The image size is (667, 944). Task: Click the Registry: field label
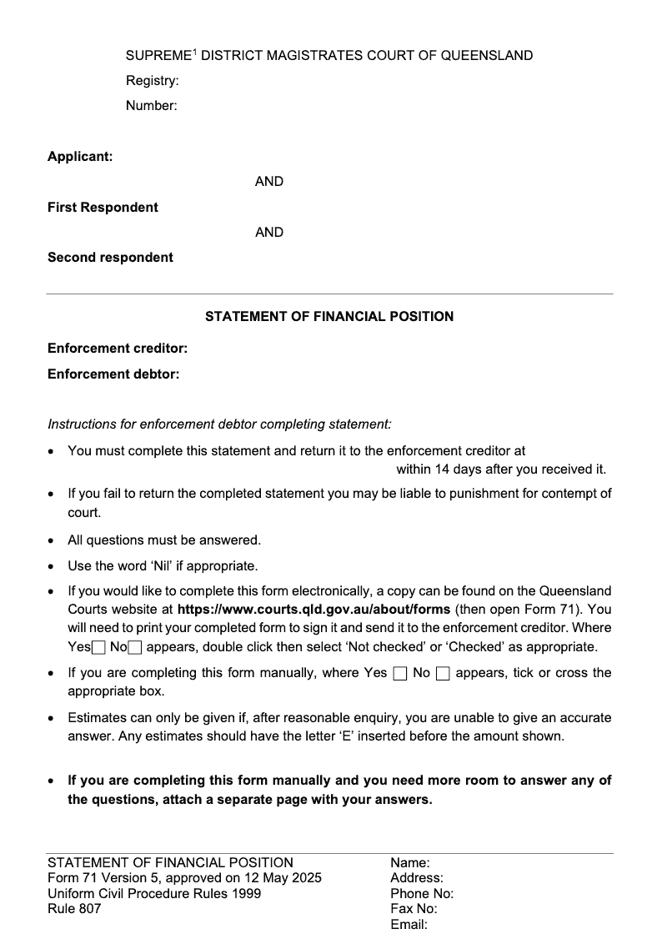coord(153,81)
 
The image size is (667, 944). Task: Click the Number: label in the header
coord(151,106)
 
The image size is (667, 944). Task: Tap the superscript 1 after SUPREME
coord(194,53)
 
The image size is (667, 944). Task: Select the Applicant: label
coord(80,157)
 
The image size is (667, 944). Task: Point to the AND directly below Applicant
coord(269,182)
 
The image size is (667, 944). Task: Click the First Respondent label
coord(103,207)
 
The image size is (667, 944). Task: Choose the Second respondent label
coord(110,258)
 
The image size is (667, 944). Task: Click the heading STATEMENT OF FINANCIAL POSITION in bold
coord(329,317)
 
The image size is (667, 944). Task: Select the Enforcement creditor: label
coord(118,349)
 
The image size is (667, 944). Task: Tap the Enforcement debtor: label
coord(113,374)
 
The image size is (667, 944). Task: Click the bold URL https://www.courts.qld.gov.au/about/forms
coord(313,609)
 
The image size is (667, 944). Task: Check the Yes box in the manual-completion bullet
coord(399,674)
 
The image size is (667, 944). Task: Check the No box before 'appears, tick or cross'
coord(443,674)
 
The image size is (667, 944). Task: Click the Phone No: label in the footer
coord(422,894)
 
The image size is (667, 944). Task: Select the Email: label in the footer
coord(409,925)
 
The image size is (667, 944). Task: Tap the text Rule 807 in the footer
coord(74,909)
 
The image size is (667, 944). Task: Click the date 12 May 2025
coord(285,878)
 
